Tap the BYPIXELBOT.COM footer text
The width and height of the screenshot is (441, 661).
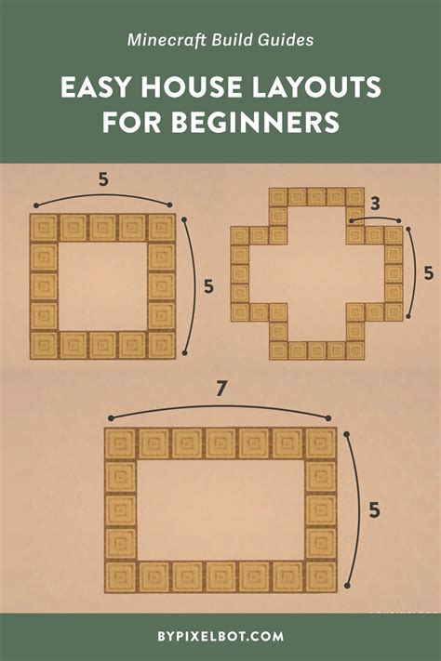(220, 637)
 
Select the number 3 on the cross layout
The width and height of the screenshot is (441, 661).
(373, 202)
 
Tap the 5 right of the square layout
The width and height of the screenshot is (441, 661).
(208, 286)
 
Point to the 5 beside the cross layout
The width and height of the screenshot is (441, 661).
(428, 273)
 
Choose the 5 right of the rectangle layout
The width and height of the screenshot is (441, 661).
(373, 509)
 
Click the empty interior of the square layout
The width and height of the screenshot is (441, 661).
(102, 286)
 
